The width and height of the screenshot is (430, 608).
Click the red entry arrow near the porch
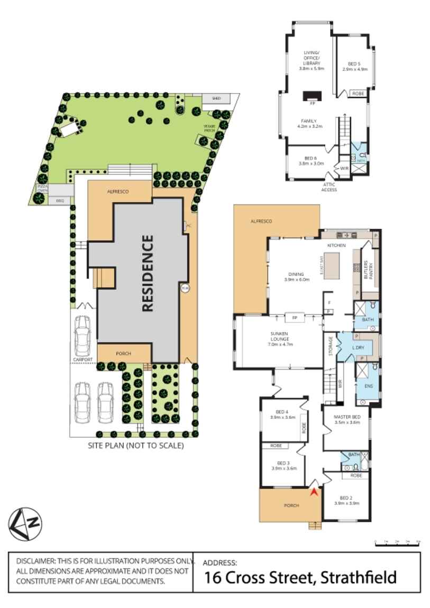[x=315, y=492]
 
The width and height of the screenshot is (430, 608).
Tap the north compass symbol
[x=25, y=523]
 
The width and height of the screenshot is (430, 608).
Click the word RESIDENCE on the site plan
[x=148, y=273]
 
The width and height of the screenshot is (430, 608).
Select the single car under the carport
[x=83, y=336]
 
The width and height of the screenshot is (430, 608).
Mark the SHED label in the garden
[x=216, y=98]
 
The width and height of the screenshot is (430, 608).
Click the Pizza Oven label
[x=42, y=189]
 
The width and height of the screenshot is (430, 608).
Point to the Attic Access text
[x=328, y=187]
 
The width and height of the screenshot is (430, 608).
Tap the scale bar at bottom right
[x=397, y=542]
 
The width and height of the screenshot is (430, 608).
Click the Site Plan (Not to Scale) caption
[x=136, y=446]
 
